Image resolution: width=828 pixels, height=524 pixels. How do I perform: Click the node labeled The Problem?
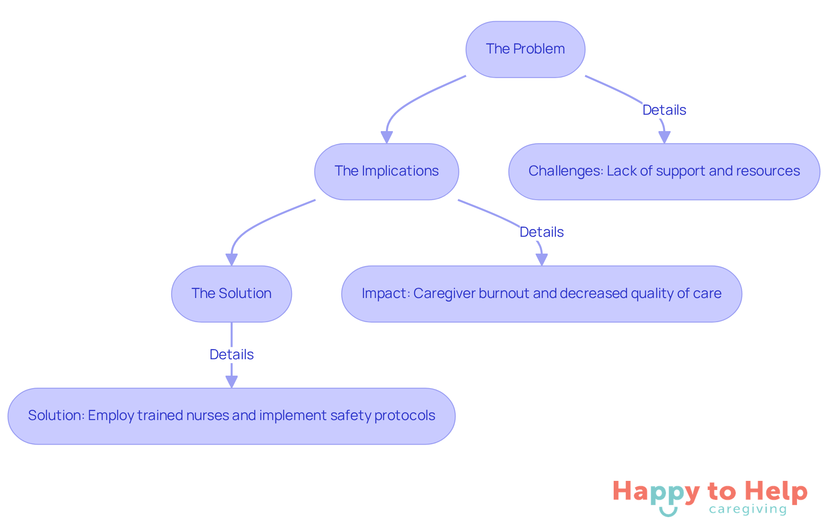pos(525,49)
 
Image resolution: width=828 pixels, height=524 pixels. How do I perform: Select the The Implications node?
pos(386,171)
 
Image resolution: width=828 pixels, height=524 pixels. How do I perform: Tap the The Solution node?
pos(231,294)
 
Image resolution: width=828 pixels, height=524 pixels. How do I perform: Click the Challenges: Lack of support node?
pos(664,171)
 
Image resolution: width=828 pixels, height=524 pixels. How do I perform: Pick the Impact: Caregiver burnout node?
pos(541,294)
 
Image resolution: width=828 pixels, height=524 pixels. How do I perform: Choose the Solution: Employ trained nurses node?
pos(231,416)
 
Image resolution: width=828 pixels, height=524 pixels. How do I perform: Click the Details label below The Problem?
pos(664,110)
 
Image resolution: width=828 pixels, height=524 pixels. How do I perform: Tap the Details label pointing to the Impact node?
pos(542,232)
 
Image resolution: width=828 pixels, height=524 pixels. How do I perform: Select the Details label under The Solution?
pos(232,355)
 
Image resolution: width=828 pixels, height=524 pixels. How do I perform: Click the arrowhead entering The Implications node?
pos(387,137)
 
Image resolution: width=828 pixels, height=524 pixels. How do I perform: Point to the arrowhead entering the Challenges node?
pos(664,137)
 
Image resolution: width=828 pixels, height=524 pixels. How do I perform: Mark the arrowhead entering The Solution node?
pos(232,260)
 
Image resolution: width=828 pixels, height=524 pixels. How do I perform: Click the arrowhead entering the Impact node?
pos(542,260)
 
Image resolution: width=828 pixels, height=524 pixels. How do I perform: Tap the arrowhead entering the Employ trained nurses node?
pos(232,382)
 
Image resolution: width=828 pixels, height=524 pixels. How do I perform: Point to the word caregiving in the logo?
pos(748,509)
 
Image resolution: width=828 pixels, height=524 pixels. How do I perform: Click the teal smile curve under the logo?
pos(668,512)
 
